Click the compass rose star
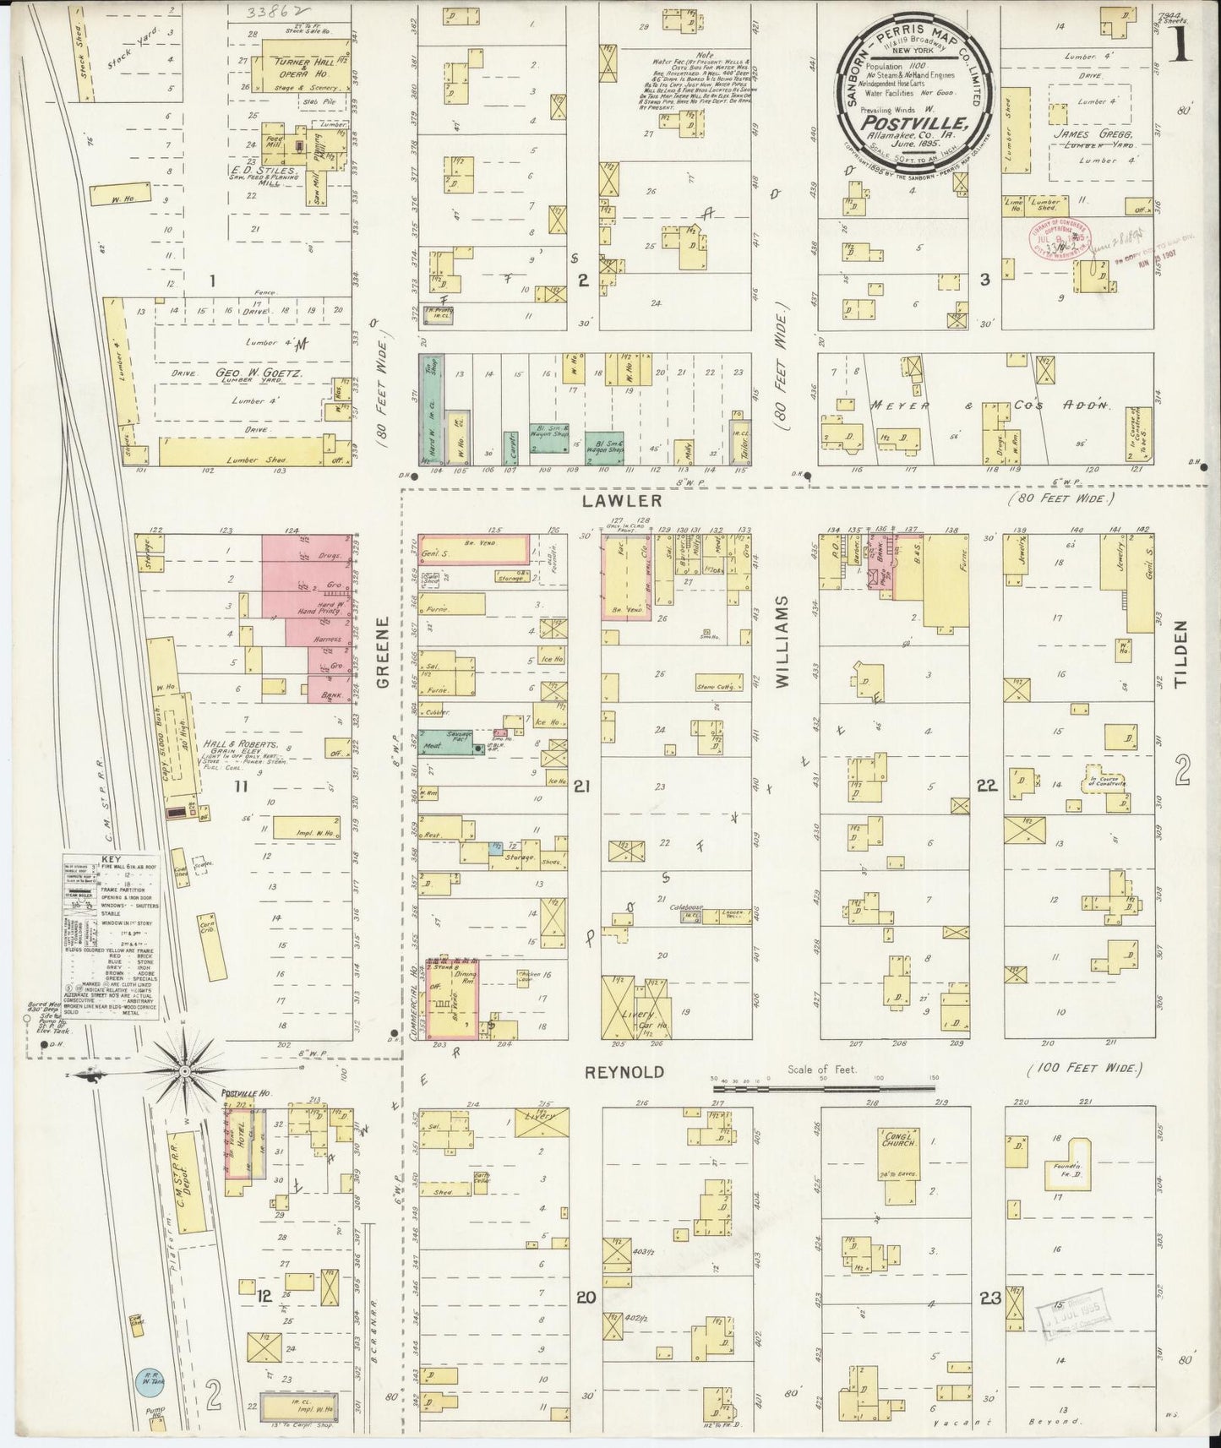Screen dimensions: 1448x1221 (185, 1073)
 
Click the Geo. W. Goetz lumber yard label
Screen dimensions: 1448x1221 (243, 373)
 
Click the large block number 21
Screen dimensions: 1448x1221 (581, 786)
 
